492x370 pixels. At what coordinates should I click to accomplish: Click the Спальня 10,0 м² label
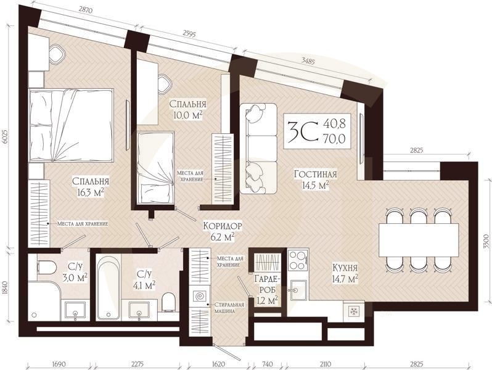187,110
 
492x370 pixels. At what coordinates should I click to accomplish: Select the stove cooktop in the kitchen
297,259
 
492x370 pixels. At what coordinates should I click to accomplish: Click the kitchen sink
298,289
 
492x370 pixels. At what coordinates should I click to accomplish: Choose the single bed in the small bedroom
155,166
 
